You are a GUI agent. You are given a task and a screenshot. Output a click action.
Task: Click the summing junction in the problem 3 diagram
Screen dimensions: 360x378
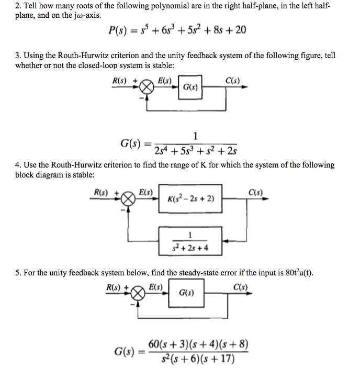[x=147, y=87]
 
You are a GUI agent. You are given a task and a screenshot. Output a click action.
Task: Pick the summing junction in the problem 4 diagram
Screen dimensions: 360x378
[x=128, y=199]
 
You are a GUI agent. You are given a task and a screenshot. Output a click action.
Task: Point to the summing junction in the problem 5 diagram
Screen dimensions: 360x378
[x=138, y=294]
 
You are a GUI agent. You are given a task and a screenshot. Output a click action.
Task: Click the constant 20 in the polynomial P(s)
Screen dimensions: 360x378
[x=241, y=30]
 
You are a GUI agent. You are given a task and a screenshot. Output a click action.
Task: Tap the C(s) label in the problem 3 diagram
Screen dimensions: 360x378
[x=233, y=81]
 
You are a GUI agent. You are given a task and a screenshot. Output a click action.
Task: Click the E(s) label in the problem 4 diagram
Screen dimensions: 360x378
[x=146, y=192]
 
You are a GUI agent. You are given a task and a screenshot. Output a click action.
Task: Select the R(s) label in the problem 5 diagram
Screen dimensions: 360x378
[x=113, y=287]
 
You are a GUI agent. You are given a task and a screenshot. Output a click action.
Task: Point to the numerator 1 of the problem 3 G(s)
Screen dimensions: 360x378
[x=195, y=136]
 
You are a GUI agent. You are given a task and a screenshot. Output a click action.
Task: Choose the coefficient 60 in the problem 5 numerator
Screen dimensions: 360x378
[x=154, y=344]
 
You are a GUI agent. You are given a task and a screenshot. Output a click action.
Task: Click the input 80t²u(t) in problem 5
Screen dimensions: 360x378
[x=299, y=273]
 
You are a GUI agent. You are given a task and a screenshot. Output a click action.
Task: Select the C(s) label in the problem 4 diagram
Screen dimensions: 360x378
[x=256, y=192]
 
